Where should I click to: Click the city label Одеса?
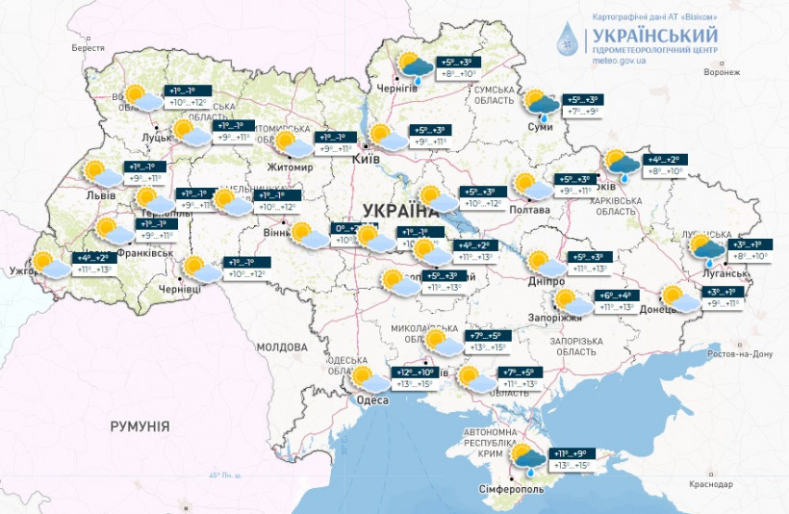372,400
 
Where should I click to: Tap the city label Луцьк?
157,139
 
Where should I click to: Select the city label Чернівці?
180,288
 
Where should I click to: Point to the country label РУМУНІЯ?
140,424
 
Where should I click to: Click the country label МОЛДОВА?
281,346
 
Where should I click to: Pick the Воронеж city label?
721,72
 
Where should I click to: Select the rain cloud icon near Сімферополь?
525,457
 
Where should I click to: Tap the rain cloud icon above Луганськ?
710,248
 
